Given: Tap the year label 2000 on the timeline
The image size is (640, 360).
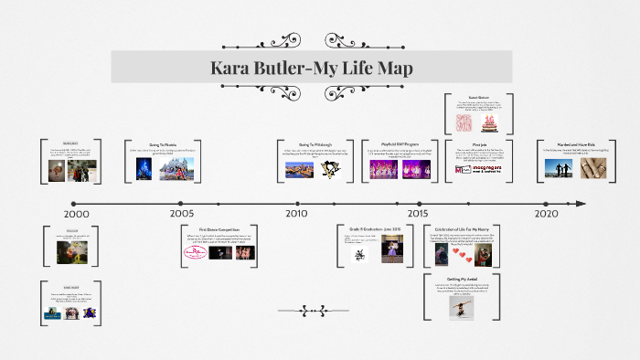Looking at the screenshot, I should click(x=78, y=214).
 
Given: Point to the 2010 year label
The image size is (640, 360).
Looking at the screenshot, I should click(x=295, y=214).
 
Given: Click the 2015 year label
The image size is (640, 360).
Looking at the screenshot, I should click(x=418, y=214).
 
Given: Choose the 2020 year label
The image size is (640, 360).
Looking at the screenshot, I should click(x=546, y=214).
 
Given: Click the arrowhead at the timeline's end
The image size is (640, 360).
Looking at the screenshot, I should click(x=581, y=203).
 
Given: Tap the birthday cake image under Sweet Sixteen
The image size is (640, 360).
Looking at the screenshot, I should click(x=492, y=122).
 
